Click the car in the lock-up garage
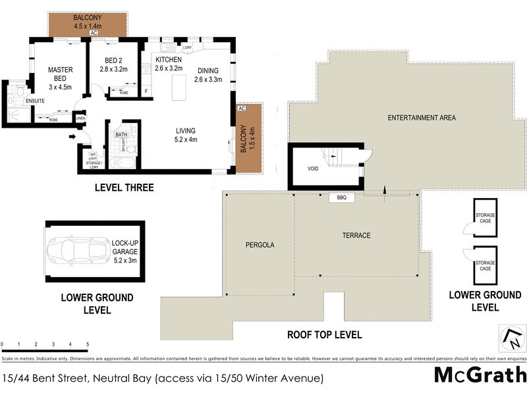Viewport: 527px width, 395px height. tap(78, 250)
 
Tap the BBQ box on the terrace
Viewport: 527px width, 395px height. tap(341, 197)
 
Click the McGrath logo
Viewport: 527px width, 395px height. tap(480, 375)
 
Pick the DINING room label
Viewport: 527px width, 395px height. tap(208, 74)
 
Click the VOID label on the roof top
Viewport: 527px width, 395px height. tap(313, 169)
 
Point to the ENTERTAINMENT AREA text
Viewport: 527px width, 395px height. tap(422, 118)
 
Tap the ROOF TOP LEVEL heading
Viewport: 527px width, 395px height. tap(324, 334)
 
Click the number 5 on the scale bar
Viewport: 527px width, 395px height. tap(87, 344)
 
